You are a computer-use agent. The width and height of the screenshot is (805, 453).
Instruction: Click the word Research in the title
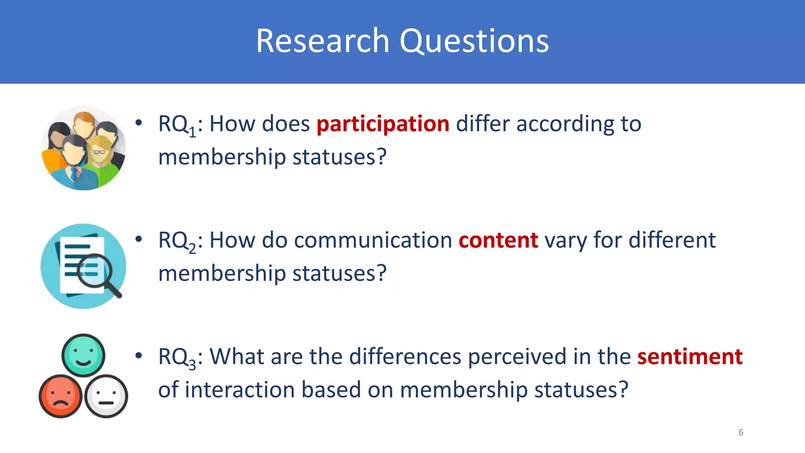tap(322, 41)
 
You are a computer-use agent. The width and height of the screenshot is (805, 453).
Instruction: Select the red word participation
tap(383, 124)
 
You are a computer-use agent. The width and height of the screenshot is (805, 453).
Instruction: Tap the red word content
tap(498, 240)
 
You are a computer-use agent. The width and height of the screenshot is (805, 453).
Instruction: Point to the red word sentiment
tap(689, 357)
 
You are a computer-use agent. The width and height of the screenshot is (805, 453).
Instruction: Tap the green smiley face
tap(83, 355)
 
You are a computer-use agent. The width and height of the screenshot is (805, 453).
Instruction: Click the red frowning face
tap(61, 396)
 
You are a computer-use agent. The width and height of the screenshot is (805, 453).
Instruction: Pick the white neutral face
tap(106, 396)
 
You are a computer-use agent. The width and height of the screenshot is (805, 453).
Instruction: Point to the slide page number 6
tap(741, 433)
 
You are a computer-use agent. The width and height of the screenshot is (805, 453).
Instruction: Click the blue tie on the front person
tap(74, 173)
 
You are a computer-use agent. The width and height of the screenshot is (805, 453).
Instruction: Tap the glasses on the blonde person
tap(99, 152)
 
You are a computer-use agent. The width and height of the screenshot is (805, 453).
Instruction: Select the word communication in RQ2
tap(373, 240)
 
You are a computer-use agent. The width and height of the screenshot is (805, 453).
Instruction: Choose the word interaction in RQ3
tap(240, 390)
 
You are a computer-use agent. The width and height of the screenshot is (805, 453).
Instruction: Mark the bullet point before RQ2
tap(138, 239)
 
